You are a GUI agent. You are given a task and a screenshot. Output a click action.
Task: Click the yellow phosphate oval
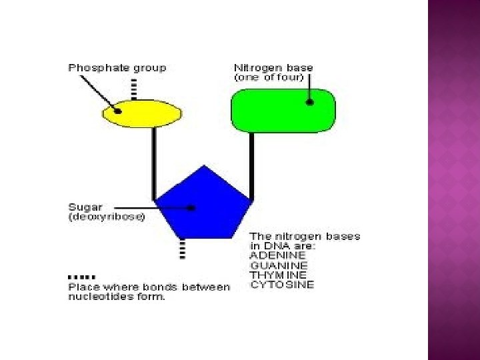tap(141, 114)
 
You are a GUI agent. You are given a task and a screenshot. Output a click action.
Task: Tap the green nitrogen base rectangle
tap(283, 110)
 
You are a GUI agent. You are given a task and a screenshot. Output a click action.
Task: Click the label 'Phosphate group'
tap(117, 67)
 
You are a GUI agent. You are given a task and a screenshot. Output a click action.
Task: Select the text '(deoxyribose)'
tap(106, 217)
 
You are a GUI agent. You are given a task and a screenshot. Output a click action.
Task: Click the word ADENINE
tap(278, 255)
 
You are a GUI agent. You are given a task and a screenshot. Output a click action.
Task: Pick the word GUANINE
tap(278, 265)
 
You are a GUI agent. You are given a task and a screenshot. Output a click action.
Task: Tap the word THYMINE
tap(278, 275)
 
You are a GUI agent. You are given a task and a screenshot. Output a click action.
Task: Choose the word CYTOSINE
tap(281, 285)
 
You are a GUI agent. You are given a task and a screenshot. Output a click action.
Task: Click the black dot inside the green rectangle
tap(309, 102)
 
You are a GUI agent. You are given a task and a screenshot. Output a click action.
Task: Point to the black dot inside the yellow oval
tap(119, 111)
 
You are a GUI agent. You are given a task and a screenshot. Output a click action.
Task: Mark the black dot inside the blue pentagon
tap(192, 208)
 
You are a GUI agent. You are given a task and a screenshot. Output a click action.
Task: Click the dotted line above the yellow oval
tap(134, 90)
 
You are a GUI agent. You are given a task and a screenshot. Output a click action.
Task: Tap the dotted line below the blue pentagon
tap(182, 249)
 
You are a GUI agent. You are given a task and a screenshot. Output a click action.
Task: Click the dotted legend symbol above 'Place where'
tap(82, 276)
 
